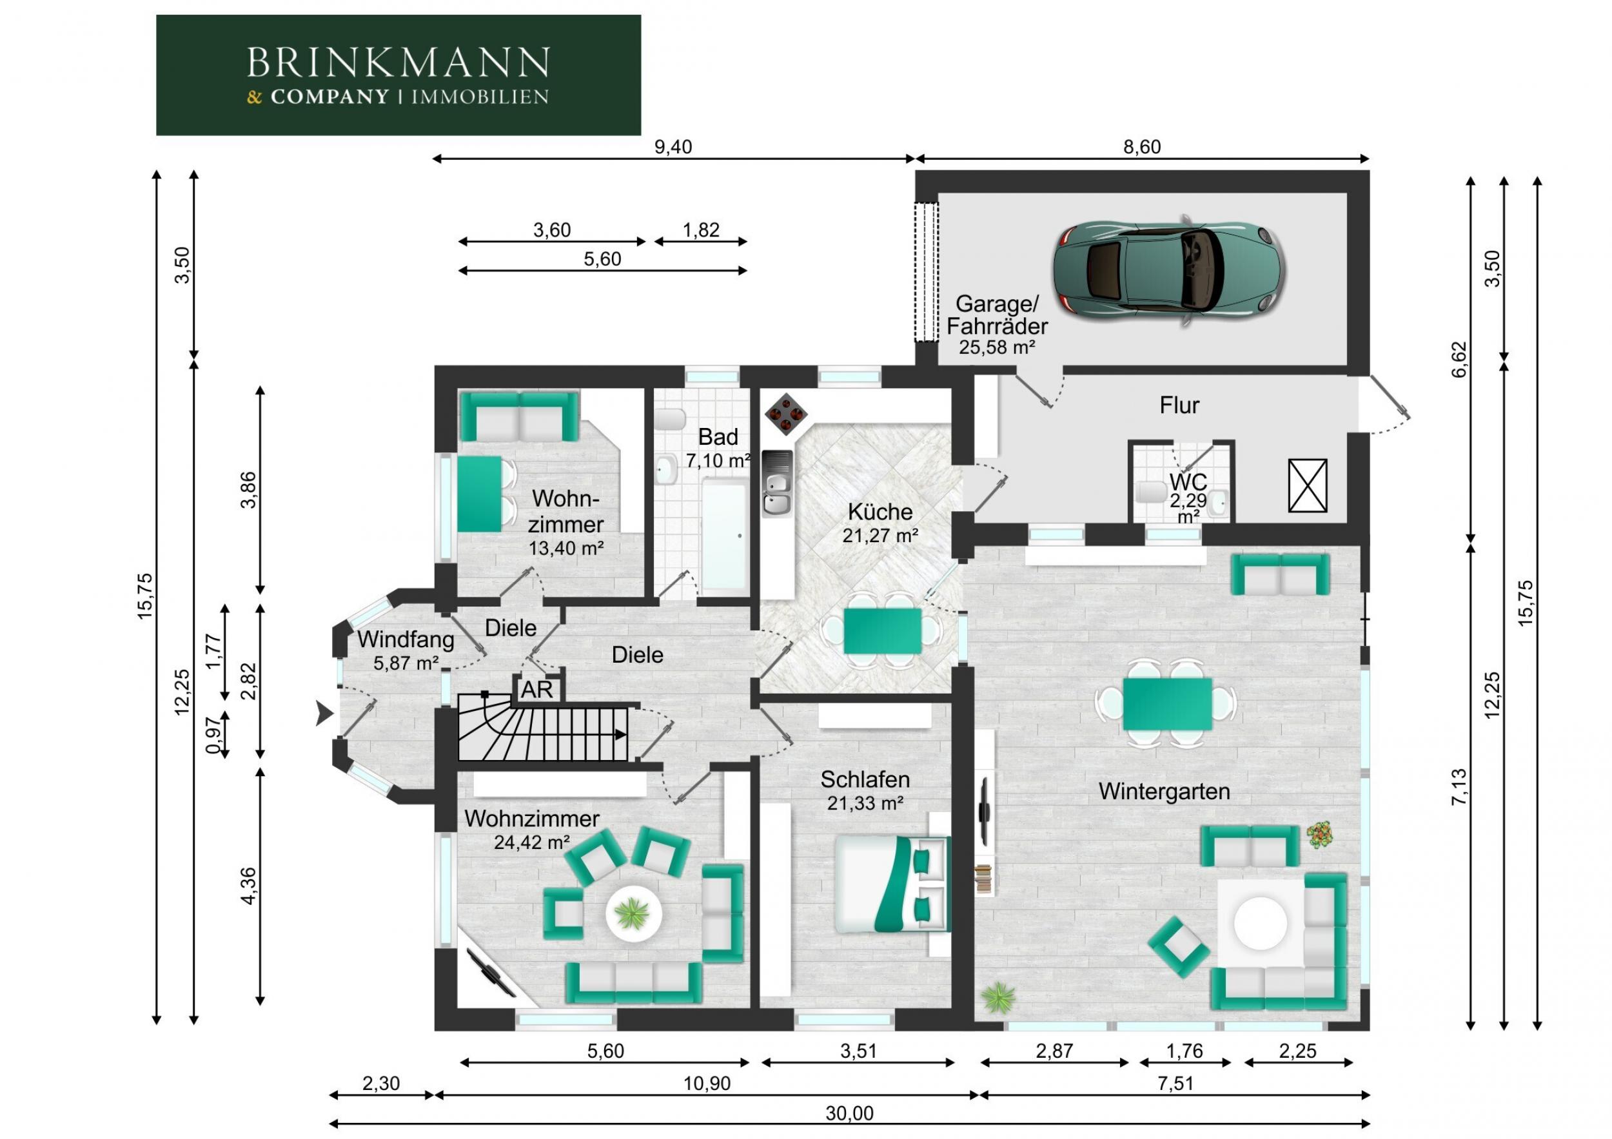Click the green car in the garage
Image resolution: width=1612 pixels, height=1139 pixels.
[1169, 270]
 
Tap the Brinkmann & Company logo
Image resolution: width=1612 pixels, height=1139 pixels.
[398, 75]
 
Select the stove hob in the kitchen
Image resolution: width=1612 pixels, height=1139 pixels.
[784, 414]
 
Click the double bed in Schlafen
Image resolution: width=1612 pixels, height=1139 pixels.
[892, 884]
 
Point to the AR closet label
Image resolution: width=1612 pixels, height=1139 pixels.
[537, 690]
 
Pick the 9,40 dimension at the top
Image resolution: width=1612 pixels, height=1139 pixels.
[673, 147]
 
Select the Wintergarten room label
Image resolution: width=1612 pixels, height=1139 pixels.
[1164, 792]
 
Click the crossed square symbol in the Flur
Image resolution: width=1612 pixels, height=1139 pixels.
[1307, 485]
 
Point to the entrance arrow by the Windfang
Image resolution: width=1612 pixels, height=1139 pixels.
[324, 714]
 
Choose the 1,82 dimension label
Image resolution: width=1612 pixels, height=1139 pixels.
[701, 230]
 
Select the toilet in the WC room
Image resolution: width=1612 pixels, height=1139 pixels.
[1149, 491]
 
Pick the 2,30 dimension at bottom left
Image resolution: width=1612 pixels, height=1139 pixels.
[380, 1084]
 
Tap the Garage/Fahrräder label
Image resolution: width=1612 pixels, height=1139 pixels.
[997, 315]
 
